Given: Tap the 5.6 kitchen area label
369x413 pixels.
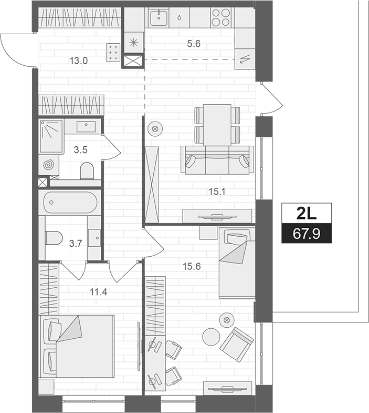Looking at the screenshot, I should coord(194,45).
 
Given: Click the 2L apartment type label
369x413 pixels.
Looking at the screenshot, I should coord(307,213).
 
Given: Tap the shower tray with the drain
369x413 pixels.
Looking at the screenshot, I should coord(51,136).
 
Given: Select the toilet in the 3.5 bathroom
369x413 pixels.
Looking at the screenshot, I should coord(87,170).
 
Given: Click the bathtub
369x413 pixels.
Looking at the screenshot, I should coord(70,202).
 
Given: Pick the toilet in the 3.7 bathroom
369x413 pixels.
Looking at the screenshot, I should coord(54,238).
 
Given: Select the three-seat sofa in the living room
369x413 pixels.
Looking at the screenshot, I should coord(215,159).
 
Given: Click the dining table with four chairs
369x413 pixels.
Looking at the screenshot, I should coord(217,124).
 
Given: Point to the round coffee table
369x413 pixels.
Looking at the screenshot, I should coord(212,337).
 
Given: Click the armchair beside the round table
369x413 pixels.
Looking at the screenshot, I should coord(237,341).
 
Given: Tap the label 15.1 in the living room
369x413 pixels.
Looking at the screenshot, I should coord(217,192).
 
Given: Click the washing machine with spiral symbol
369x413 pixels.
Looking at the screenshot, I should coord(48,165).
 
